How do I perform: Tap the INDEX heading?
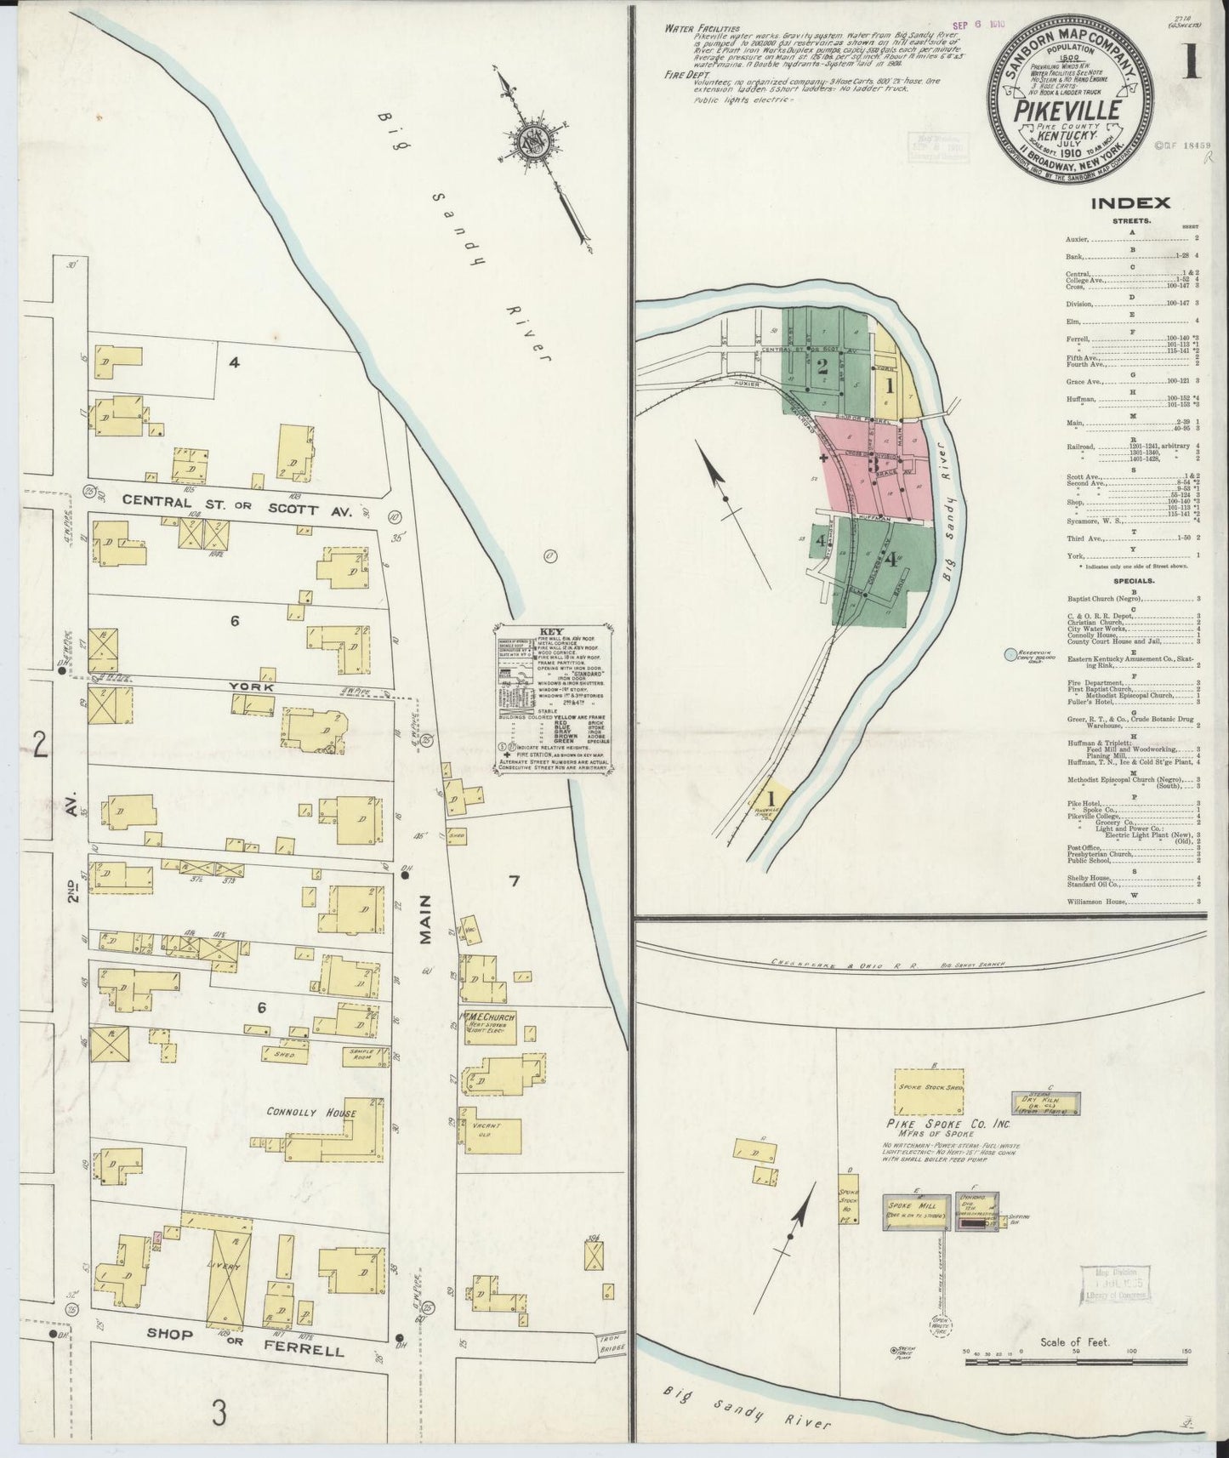(1129, 202)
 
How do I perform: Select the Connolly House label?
(310, 1113)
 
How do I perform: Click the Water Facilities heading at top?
(703, 29)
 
